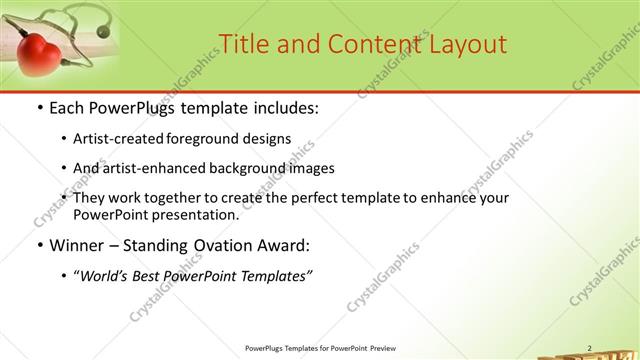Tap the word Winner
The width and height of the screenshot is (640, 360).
78,245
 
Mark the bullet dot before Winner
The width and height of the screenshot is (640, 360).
38,246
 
